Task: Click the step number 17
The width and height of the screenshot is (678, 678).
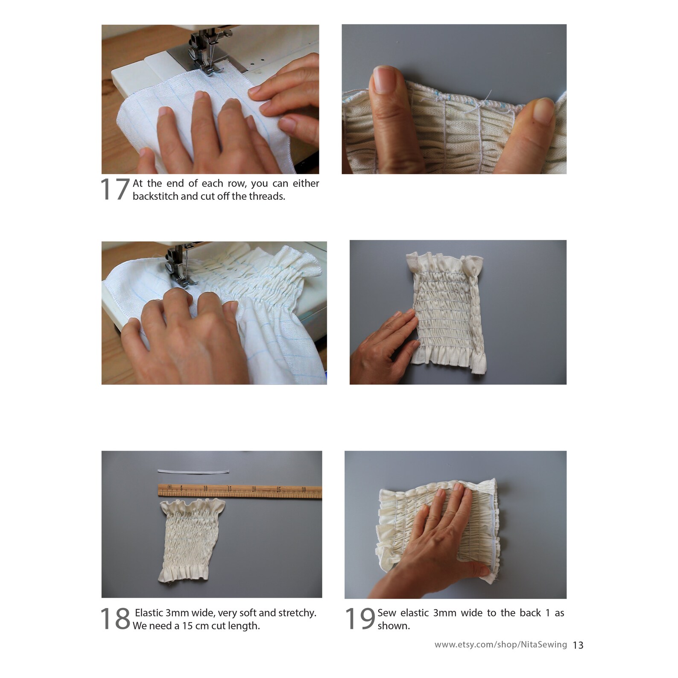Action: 114,190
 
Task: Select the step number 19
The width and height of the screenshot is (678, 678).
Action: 359,619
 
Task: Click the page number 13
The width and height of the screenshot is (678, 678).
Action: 578,645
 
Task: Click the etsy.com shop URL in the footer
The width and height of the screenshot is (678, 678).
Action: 500,645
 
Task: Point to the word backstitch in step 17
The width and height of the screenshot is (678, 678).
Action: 155,196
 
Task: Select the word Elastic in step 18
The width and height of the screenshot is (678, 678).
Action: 149,613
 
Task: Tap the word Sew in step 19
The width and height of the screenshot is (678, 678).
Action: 386,613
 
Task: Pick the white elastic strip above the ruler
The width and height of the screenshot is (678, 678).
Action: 193,471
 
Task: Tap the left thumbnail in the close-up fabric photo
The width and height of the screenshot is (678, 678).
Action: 383,80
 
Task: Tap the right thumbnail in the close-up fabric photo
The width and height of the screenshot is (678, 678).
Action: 543,110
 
